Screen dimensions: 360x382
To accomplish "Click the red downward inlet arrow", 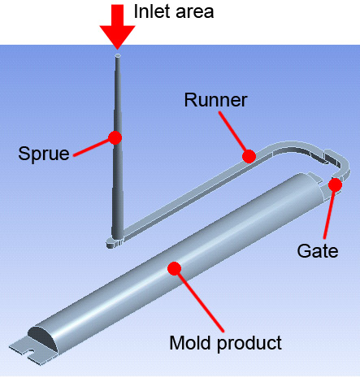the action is point(117,27).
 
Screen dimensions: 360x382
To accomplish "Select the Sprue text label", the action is point(44,154).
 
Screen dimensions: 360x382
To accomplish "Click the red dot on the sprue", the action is point(115,137).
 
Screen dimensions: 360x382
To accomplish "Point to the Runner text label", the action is point(215,100).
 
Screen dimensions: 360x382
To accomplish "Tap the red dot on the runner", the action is point(249,156).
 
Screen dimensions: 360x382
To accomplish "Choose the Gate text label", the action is point(318,251).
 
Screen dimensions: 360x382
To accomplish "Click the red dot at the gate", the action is point(335,184).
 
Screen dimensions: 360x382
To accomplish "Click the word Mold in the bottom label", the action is point(191,343).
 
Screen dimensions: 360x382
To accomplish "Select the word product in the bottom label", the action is point(249,344).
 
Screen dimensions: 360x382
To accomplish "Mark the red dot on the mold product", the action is point(174,268).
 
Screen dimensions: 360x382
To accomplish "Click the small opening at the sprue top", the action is point(118,56).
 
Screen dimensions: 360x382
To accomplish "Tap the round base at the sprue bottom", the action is point(114,242).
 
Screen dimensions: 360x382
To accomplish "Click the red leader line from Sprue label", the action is point(91,147).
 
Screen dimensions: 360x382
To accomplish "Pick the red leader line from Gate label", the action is point(329,214).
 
